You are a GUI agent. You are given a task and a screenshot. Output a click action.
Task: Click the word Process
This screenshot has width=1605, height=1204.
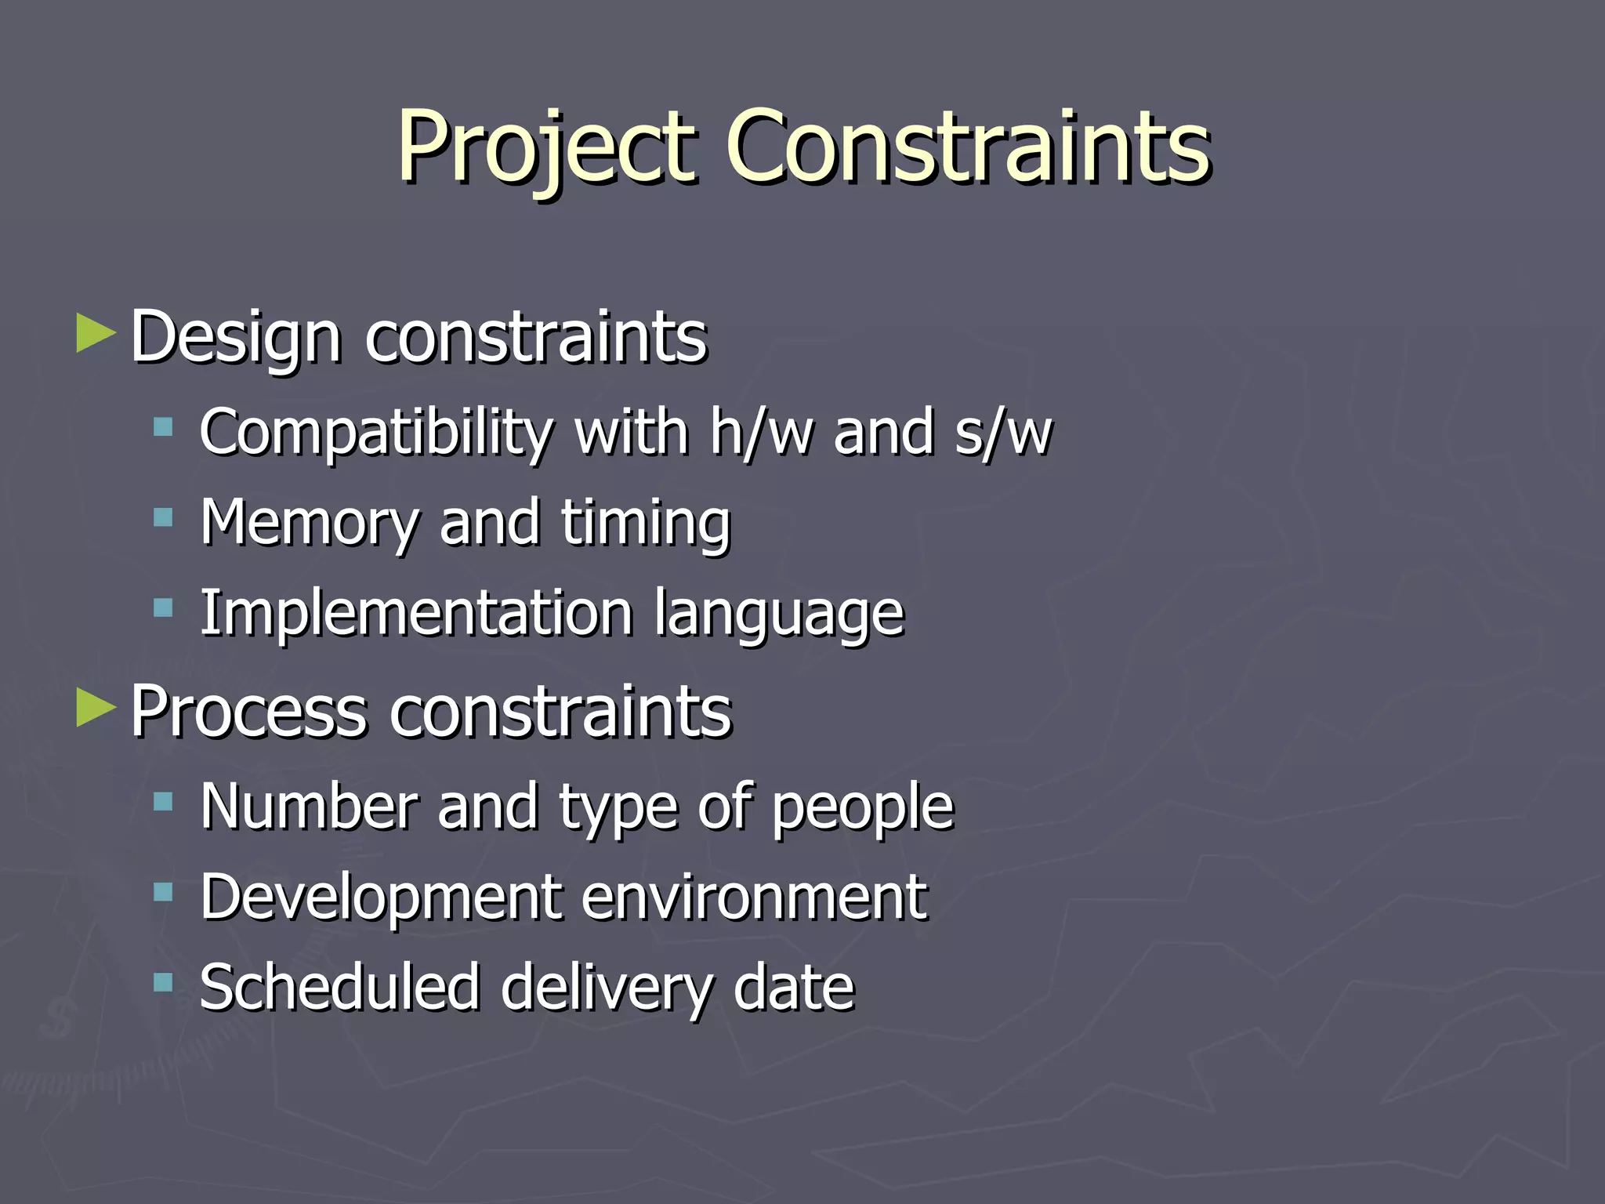point(248,712)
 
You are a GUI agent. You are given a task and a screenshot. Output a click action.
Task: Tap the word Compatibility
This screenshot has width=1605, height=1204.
point(376,433)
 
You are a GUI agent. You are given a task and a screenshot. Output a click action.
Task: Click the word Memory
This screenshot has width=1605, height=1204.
point(309,524)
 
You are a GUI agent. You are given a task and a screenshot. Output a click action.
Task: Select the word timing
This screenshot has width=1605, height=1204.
point(646,524)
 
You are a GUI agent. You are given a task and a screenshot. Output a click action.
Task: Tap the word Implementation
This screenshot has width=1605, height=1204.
point(415,613)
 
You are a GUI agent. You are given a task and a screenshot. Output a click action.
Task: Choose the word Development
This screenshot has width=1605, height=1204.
point(381,898)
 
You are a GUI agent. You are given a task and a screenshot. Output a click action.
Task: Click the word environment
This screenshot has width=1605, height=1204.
point(755,897)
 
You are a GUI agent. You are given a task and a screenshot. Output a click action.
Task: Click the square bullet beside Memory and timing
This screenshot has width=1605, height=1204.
point(163,517)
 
